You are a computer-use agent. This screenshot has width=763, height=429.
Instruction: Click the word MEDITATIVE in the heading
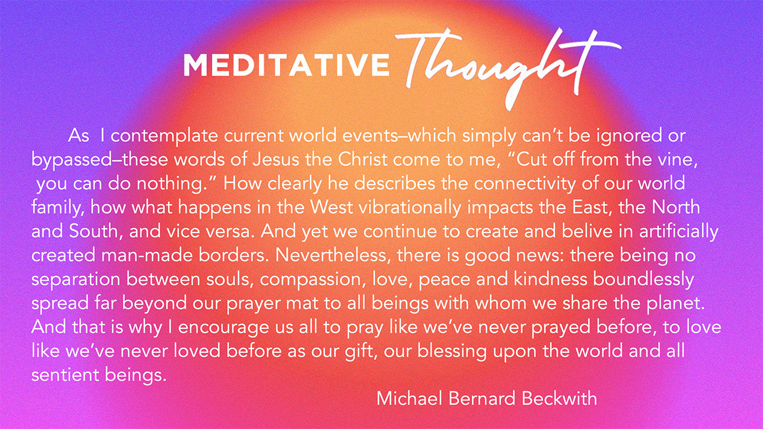[287, 64]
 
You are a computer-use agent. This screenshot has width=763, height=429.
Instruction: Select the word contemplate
[164, 136]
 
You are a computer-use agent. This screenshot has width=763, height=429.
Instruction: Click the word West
[330, 207]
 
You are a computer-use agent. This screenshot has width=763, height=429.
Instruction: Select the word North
[676, 207]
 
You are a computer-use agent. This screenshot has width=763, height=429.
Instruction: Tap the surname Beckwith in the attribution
[559, 399]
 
